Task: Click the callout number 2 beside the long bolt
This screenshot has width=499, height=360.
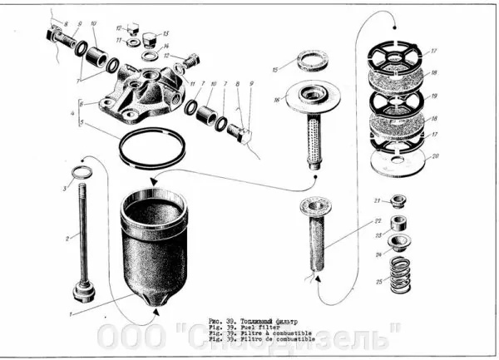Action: [x=68, y=237]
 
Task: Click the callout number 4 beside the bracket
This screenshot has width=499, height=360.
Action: [x=73, y=111]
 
